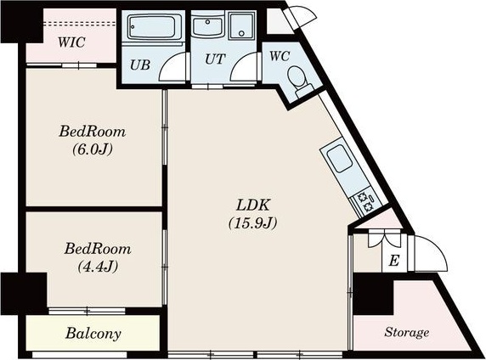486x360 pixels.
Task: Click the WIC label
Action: coord(71,42)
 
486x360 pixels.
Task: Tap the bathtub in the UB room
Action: coord(152,26)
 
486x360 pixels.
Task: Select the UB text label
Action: coord(140,65)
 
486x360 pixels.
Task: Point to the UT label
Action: coord(215,59)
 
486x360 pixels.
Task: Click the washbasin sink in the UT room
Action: coord(207,26)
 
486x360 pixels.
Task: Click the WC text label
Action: coord(280,56)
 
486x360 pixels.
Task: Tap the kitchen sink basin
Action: coord(340,158)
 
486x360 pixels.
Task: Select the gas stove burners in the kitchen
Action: coord(365,202)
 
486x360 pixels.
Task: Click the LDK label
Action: coord(253,205)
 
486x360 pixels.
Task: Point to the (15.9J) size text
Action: coord(252,222)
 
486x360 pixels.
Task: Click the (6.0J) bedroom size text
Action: coord(93,149)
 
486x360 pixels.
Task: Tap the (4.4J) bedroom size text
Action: coord(98,267)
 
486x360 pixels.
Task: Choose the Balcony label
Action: coord(93,334)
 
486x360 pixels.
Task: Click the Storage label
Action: coord(407,332)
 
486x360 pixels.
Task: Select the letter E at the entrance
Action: coord(394,261)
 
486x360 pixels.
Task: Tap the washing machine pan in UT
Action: coord(242,26)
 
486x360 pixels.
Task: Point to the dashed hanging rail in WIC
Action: coord(80,24)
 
